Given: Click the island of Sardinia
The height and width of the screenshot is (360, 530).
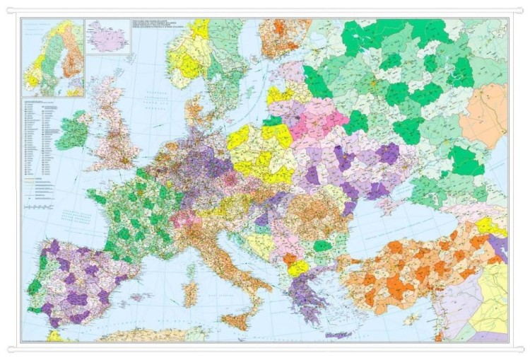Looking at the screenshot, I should pyautogui.click(x=189, y=292).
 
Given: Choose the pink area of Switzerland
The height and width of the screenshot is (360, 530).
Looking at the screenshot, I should pyautogui.click(x=186, y=218).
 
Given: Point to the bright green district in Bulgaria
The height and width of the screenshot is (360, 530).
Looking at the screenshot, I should pyautogui.click(x=322, y=246).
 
